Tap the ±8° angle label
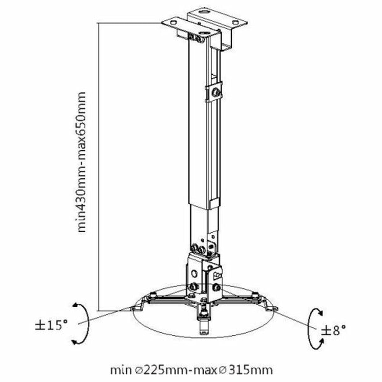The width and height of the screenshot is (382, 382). [333, 330]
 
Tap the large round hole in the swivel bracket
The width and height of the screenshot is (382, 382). [194, 273]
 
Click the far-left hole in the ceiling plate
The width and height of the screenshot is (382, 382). [173, 22]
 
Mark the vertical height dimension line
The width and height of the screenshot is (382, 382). [98, 166]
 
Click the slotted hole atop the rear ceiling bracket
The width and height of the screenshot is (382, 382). [204, 14]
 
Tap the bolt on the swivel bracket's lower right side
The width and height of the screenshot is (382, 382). [217, 286]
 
